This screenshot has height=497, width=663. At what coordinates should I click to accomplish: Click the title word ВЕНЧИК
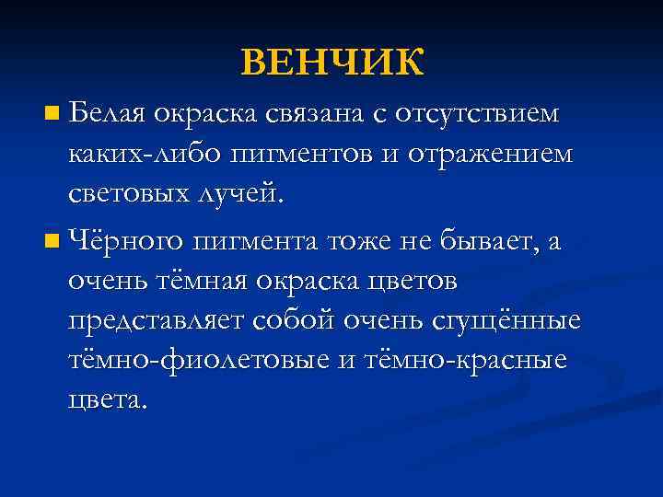(x=332, y=63)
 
